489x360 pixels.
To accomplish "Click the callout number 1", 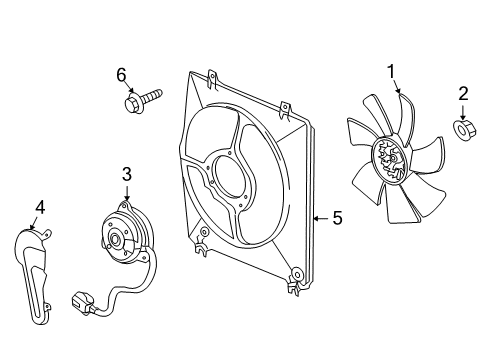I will (392, 70).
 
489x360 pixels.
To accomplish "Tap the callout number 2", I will (463, 95).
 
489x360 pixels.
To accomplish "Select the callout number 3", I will (127, 175).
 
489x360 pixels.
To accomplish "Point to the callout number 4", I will (40, 207).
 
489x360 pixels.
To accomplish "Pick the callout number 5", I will (336, 216).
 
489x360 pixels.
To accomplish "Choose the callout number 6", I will (121, 74).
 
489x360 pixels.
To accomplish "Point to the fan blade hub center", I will (387, 163).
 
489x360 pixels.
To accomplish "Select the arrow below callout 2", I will (463, 111).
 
